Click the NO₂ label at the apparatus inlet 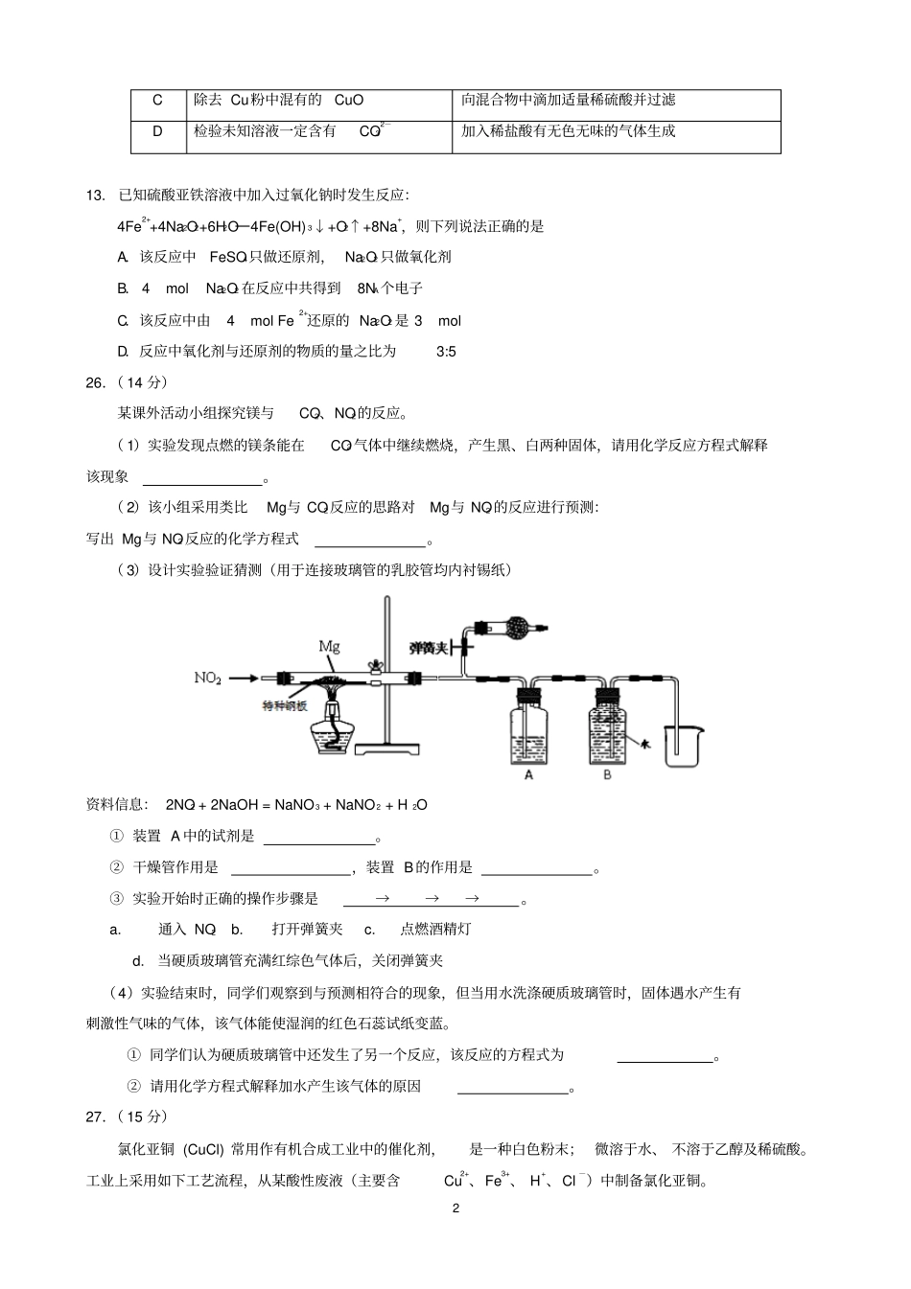point(207,678)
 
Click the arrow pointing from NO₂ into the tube point(244,679)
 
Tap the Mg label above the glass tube point(328,646)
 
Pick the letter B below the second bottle point(607,774)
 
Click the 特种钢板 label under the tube point(285,706)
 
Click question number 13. point(95,196)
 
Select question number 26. point(95,382)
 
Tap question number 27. point(95,1116)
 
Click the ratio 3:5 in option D point(446,352)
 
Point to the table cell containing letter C point(158,100)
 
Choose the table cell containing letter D point(158,131)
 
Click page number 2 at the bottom point(455,1208)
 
